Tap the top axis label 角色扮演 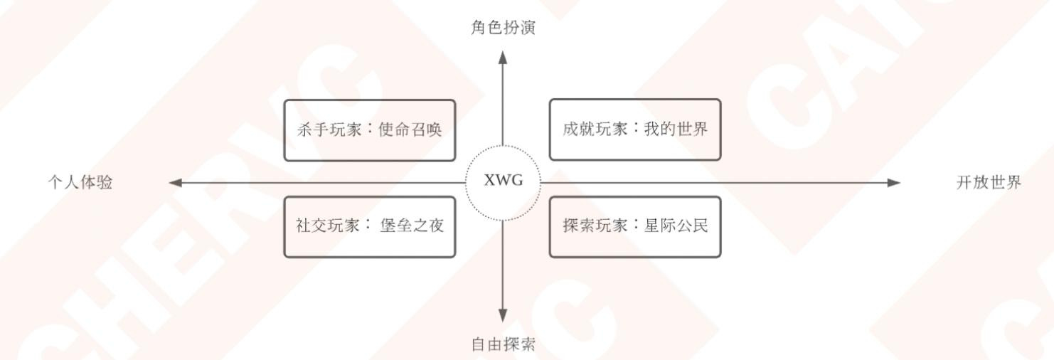(503, 28)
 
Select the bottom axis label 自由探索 (503, 345)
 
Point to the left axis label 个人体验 (80, 183)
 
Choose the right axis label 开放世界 (988, 183)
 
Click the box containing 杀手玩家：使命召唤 (369, 130)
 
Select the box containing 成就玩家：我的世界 (635, 129)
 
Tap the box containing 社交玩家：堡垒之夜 (369, 226)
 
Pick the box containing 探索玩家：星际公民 (635, 226)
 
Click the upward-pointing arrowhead (503, 58)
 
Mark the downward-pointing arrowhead (503, 315)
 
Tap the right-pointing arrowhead (894, 183)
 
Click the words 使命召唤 (410, 130)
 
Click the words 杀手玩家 (329, 130)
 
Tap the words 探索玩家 (595, 226)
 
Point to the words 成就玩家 (595, 129)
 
